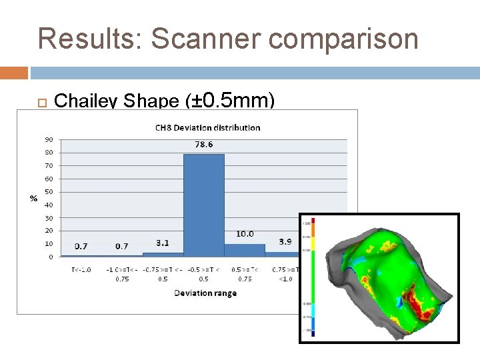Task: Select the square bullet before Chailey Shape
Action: coord(41,102)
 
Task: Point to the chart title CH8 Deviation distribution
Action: coord(207,127)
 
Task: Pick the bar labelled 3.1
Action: coord(163,254)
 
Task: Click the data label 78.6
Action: coord(203,145)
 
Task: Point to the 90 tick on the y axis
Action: coord(49,139)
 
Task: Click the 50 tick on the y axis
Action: coord(49,191)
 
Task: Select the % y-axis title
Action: coord(33,198)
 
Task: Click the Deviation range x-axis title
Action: coord(205,293)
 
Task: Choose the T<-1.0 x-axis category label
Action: coord(81,270)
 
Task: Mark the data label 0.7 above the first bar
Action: coord(81,246)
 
